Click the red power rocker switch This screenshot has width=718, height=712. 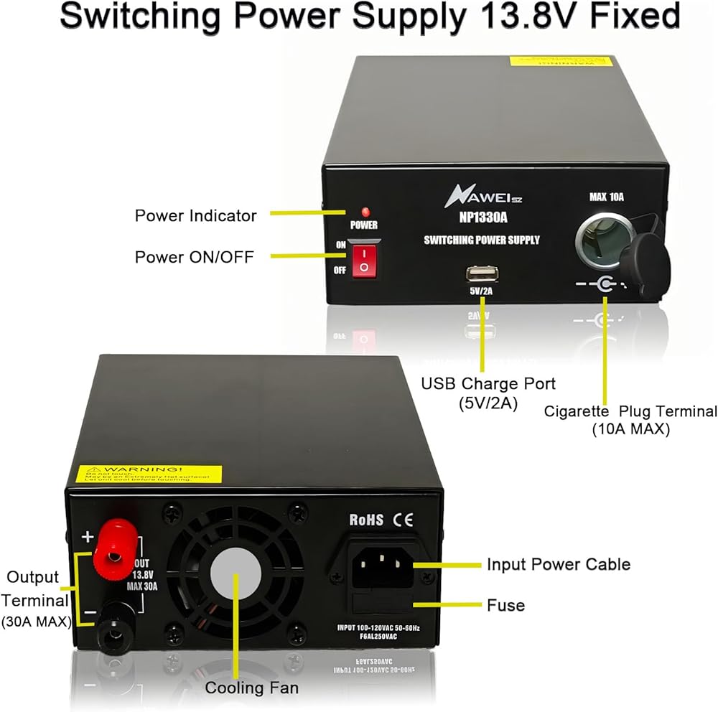[x=365, y=259]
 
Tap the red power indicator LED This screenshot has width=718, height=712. [x=365, y=212]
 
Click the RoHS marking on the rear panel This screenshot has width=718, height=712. [x=366, y=520]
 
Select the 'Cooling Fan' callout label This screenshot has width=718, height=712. [x=251, y=688]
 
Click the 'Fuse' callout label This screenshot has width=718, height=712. [x=505, y=605]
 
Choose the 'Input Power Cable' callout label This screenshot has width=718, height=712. [x=558, y=564]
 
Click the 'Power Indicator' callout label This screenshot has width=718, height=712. [x=195, y=215]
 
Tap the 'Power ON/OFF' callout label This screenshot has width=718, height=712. [x=194, y=256]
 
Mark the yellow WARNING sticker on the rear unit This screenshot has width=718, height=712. [x=149, y=474]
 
